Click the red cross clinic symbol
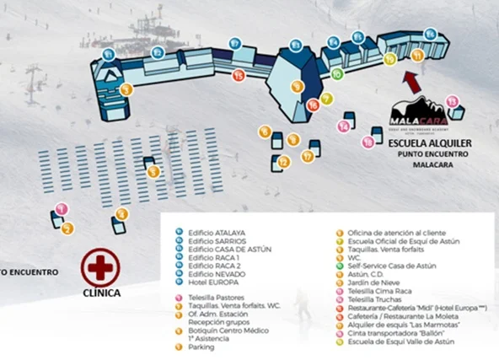[100, 268]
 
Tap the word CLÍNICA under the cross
[100, 293]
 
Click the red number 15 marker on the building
[239, 76]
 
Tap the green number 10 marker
[336, 74]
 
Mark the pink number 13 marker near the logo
[452, 101]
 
